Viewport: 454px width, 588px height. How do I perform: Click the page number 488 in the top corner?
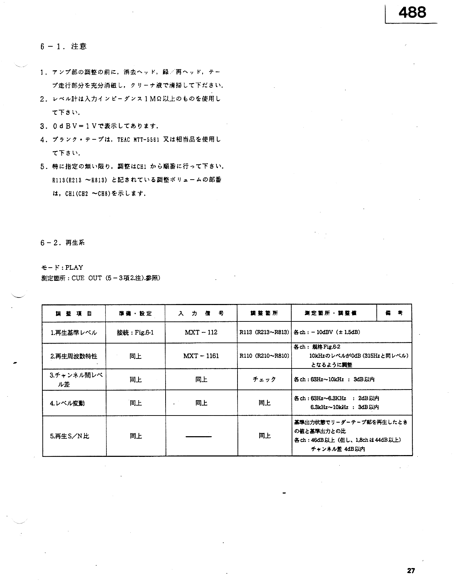click(x=412, y=13)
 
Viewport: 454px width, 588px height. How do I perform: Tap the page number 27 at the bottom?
click(x=411, y=571)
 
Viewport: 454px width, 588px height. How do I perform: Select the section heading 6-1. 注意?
click(x=63, y=46)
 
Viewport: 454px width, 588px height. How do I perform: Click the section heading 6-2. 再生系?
click(x=62, y=243)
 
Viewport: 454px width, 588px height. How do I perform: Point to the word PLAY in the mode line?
click(x=74, y=267)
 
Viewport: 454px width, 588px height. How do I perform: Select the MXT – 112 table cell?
click(x=201, y=332)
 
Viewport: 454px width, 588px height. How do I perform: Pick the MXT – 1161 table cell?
click(x=201, y=356)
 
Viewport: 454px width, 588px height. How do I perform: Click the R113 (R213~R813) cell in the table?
click(x=264, y=332)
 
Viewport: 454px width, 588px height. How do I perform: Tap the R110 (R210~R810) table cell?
click(x=264, y=356)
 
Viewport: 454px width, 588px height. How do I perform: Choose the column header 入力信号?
click(x=201, y=313)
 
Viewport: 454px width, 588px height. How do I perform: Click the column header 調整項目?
click(x=74, y=313)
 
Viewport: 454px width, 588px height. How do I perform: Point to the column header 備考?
click(x=393, y=313)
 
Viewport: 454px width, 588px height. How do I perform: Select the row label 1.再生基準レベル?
click(x=74, y=332)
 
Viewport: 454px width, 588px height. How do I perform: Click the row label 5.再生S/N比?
click(x=70, y=436)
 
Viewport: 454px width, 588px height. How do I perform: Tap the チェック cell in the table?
click(x=264, y=379)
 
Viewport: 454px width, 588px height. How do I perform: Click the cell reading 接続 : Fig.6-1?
click(x=135, y=332)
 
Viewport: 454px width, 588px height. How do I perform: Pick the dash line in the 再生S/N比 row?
click(x=199, y=436)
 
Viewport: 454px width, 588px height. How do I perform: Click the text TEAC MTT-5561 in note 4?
click(x=138, y=140)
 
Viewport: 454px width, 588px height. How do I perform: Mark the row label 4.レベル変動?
click(x=67, y=403)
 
